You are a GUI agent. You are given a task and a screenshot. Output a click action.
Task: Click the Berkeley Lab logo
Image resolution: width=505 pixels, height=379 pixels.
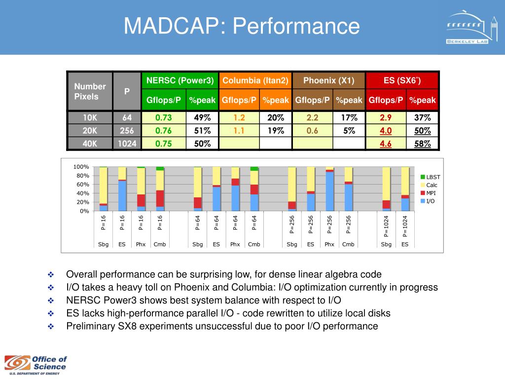pos(472,28)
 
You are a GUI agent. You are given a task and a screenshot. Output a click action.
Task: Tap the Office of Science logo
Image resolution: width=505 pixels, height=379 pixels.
pos(36,365)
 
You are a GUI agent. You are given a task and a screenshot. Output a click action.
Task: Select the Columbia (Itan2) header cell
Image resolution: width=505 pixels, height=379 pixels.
pos(255,80)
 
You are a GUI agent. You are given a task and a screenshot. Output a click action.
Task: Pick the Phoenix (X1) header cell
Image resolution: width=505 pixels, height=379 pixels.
pos(328,80)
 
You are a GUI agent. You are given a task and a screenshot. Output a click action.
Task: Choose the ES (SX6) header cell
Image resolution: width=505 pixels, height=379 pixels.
pos(402,80)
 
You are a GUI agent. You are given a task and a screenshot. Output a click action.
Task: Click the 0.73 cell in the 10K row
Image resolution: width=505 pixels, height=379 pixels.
pos(164,117)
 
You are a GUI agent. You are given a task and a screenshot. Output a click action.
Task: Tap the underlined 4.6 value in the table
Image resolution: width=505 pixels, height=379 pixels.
pos(386,144)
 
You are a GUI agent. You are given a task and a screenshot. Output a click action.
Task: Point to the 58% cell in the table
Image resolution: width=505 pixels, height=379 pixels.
pos(423,144)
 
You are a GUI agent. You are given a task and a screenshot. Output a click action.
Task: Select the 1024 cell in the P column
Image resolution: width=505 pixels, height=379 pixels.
pos(127,144)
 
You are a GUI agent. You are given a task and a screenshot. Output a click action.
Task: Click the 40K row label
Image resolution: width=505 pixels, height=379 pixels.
pos(90,144)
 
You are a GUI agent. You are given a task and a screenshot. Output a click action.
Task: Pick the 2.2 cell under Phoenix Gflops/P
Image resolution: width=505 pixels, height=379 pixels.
pos(312,117)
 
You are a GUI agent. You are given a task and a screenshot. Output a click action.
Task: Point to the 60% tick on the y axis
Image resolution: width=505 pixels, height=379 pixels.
pos(82,185)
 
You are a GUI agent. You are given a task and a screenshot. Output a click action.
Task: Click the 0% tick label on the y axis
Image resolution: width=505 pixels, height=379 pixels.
pos(84,211)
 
